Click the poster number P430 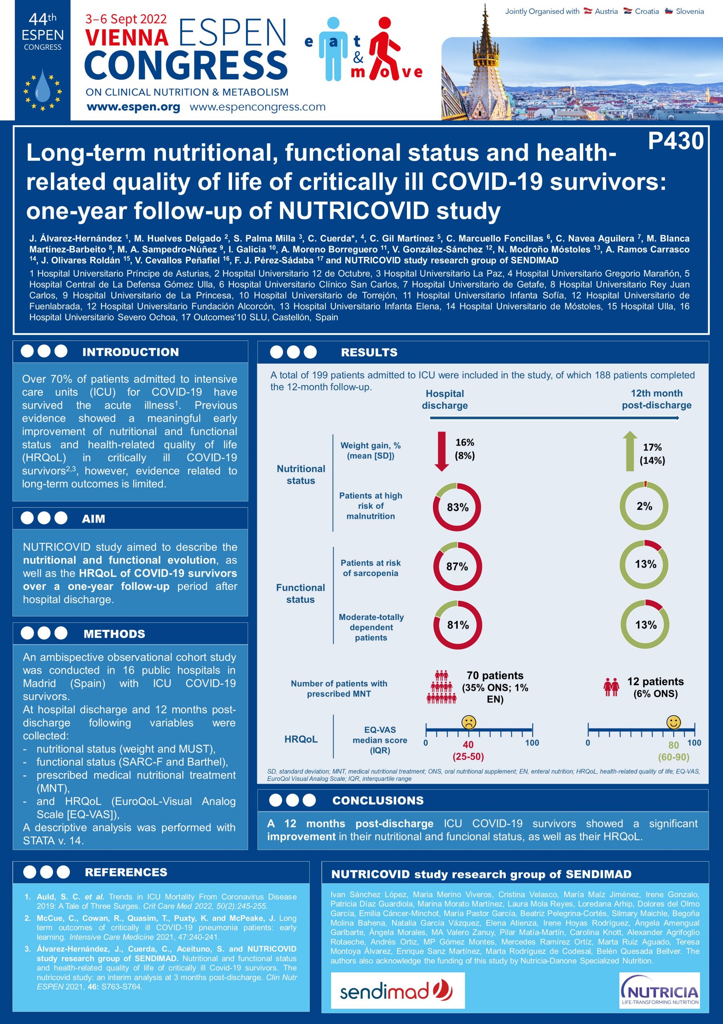click(x=675, y=140)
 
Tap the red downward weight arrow click(x=442, y=451)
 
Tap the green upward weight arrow click(x=629, y=451)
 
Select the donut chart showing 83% click(x=457, y=507)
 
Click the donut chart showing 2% click(x=644, y=506)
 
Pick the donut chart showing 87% click(x=457, y=566)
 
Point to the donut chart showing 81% click(x=457, y=625)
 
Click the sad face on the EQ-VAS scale click(x=468, y=722)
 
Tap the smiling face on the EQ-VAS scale click(x=673, y=722)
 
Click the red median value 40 click(x=468, y=744)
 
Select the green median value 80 click(x=673, y=745)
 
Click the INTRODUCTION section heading click(x=130, y=352)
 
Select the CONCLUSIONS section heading click(x=378, y=800)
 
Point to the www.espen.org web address click(x=133, y=107)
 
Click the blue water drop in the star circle click(x=43, y=86)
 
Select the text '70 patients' click(x=495, y=675)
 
